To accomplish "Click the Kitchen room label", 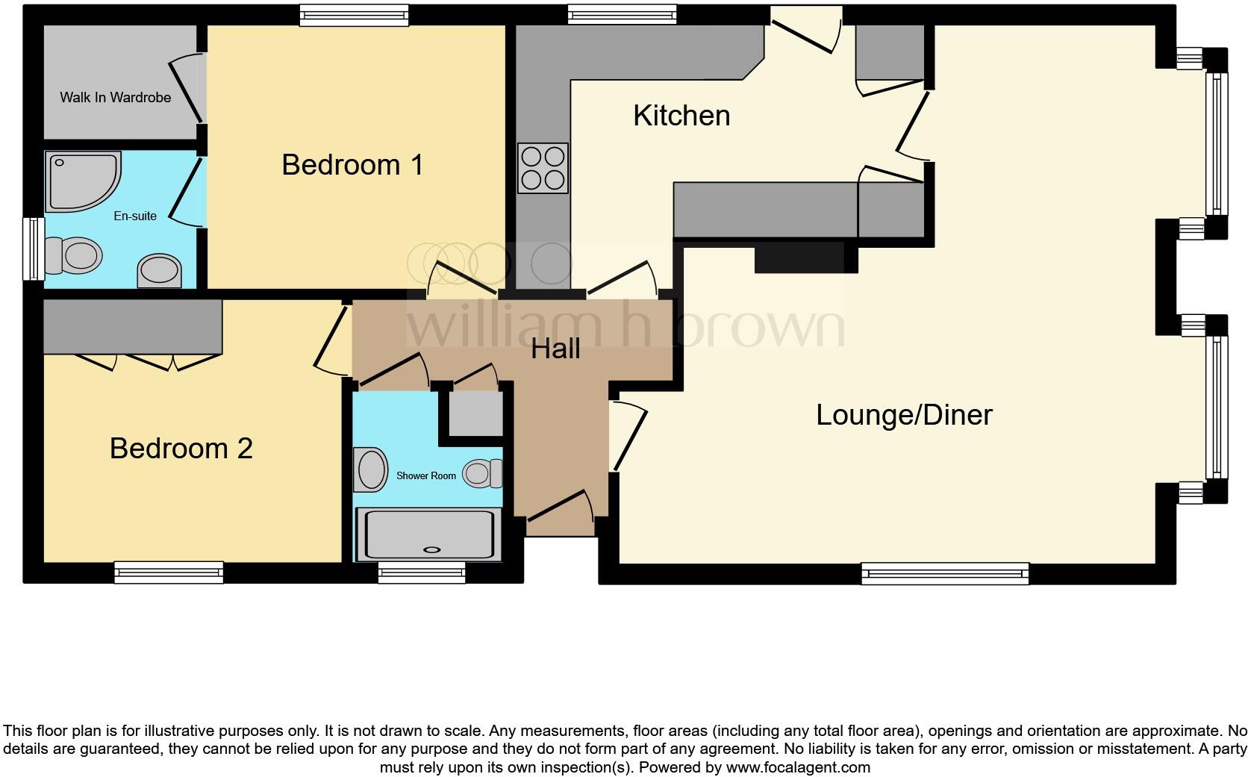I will [681, 116].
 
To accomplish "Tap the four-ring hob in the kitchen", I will [543, 168].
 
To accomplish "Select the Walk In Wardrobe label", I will [115, 98].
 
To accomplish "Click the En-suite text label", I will [135, 216].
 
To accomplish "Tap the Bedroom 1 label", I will [352, 165].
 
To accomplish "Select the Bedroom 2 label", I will [181, 449].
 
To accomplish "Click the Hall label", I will [555, 349].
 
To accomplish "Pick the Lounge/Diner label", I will [904, 415].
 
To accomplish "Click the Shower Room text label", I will [425, 475].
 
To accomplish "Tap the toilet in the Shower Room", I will [481, 473].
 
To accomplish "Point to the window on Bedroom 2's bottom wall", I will [169, 572].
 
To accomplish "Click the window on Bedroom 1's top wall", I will [354, 15].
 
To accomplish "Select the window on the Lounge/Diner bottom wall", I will [945, 573].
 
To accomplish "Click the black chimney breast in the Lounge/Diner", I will [805, 258].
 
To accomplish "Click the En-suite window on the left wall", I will [34, 249].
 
